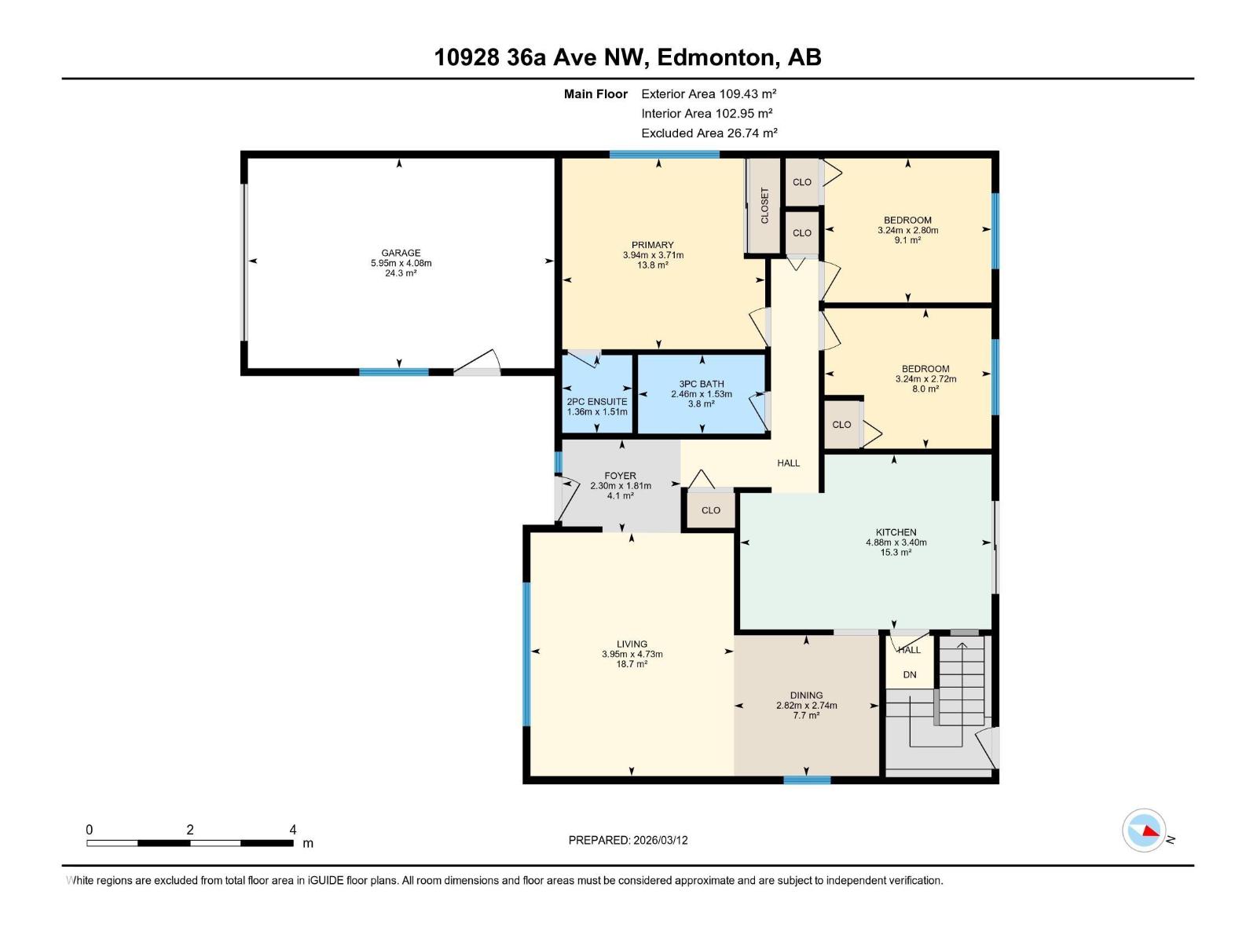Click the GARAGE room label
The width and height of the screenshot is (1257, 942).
point(401,253)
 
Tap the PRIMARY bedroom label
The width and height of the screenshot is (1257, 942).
point(652,245)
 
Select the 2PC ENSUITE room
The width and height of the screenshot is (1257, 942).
point(597,402)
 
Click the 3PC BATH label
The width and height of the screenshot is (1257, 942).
point(702,384)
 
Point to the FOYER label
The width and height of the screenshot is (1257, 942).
point(620,476)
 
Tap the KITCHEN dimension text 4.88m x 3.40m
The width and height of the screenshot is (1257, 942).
point(896,542)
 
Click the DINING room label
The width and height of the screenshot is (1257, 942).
point(806,695)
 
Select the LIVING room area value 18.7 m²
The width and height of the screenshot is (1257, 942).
point(632,664)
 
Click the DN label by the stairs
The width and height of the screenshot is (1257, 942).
point(909,675)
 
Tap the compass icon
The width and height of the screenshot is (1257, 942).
point(1144,831)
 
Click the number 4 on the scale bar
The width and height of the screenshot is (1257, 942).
point(293,830)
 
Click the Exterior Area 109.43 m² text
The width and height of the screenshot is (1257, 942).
point(709,93)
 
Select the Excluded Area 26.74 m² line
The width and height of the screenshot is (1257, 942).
point(709,133)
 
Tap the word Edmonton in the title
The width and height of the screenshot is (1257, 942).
point(715,57)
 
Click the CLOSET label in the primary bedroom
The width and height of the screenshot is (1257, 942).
point(764,206)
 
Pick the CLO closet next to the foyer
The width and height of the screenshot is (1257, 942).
point(710,510)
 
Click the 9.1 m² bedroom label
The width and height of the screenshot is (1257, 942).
point(907,240)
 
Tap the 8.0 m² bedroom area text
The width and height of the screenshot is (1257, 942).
point(925,389)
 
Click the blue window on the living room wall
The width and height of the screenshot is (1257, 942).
point(526,654)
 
